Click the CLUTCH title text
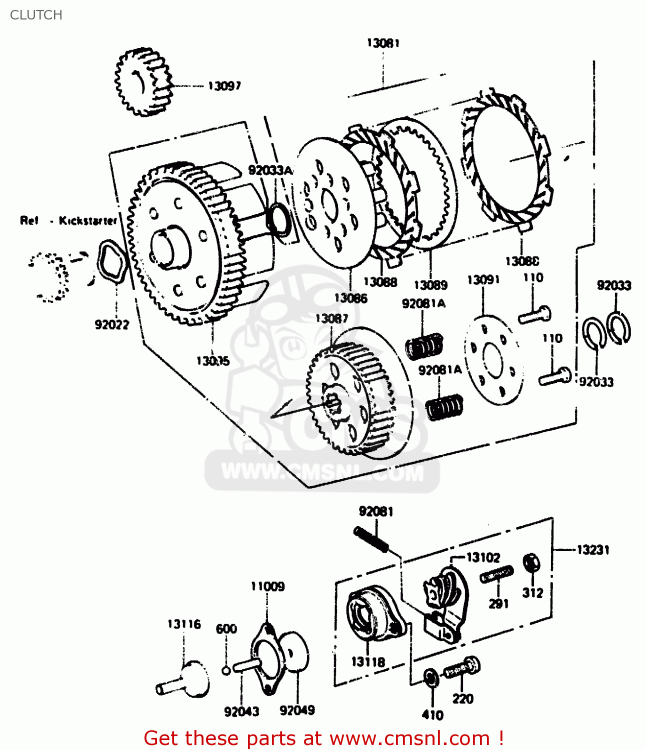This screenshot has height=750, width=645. (x=36, y=15)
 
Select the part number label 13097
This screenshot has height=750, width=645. (x=224, y=86)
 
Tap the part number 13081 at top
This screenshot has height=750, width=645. (x=383, y=43)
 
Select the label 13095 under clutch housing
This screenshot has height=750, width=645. (x=213, y=360)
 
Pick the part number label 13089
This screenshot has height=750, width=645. (x=430, y=285)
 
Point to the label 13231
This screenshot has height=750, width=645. (x=593, y=550)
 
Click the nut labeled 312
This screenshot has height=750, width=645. (x=531, y=562)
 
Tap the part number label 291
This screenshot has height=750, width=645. (x=498, y=603)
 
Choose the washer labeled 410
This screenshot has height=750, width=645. (x=430, y=677)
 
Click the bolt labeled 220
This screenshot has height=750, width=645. (x=463, y=668)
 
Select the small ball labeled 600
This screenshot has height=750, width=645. (x=226, y=669)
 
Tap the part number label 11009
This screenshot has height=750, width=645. (x=267, y=586)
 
